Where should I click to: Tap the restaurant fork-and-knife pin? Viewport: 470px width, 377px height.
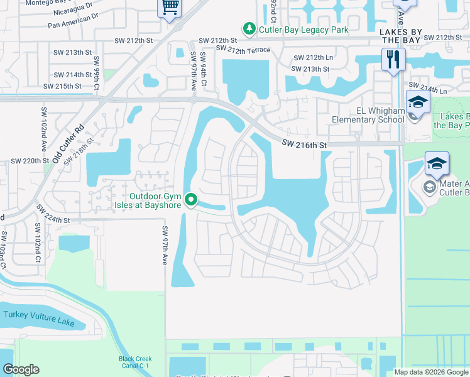tap(393, 60)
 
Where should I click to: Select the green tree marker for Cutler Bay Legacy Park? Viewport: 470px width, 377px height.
tap(249, 28)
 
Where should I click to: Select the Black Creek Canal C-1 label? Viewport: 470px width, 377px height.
tap(135, 363)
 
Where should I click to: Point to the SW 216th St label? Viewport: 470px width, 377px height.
tap(304, 145)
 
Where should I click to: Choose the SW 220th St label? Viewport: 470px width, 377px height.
tap(30, 161)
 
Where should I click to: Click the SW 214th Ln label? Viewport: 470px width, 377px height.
tap(427, 88)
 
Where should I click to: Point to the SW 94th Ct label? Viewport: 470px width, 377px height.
tap(204, 74)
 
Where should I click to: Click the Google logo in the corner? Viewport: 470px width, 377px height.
tap(21, 369)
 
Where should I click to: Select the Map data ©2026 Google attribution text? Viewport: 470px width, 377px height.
tap(431, 372)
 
